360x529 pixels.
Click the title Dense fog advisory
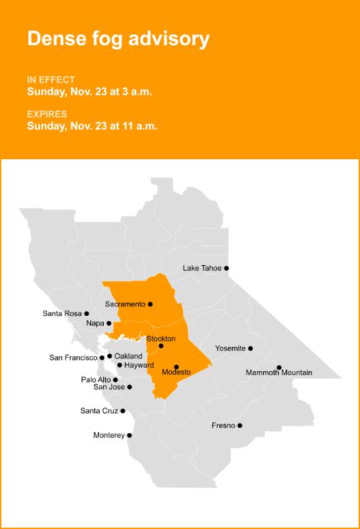118,38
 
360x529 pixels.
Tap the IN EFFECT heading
51,80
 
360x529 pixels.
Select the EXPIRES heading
47,113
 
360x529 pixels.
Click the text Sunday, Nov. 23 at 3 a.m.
89,92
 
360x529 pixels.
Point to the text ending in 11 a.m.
92,126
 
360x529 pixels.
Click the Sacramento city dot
150,304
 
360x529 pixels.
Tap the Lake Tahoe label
202,268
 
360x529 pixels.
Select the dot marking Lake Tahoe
227,268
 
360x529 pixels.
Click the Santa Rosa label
62,313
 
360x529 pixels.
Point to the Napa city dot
109,324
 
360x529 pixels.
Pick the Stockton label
160,338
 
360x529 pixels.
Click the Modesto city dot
177,367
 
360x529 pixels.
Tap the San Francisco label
73,358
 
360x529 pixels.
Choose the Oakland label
128,356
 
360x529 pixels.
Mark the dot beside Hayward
120,365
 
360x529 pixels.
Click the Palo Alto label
96,380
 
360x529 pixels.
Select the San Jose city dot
129,387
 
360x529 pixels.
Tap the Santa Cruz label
99,411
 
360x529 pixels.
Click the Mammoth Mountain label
278,372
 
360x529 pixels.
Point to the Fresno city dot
240,426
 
